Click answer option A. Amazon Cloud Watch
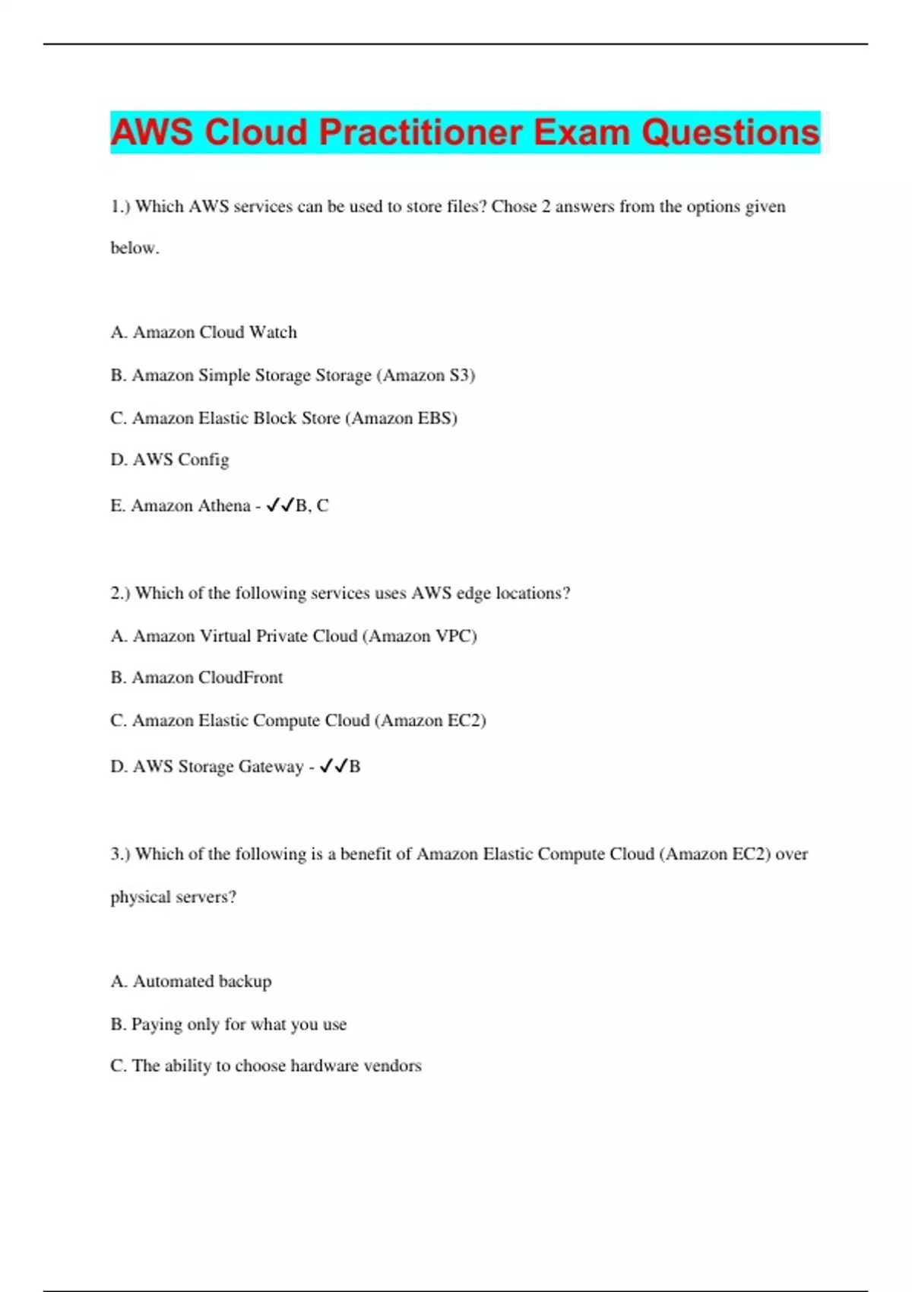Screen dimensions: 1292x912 pyautogui.click(x=204, y=332)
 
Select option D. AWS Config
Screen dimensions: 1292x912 pyautogui.click(x=169, y=460)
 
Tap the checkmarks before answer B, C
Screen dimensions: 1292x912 pyautogui.click(x=280, y=505)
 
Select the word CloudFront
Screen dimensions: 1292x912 pyautogui.click(x=240, y=677)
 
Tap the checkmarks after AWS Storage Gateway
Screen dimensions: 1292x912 pyautogui.click(x=334, y=766)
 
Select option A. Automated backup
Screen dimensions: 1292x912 pyautogui.click(x=191, y=981)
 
